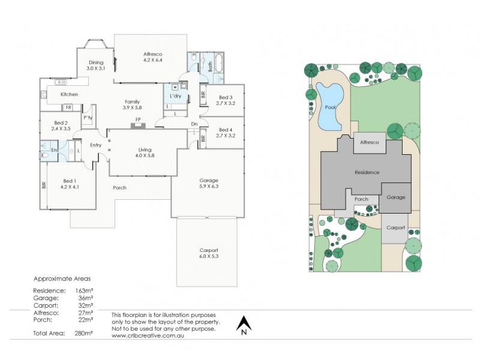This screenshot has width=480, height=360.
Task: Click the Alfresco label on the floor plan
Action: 153,55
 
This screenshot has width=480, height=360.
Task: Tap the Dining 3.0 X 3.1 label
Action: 96,65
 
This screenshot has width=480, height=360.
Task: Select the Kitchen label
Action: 69,94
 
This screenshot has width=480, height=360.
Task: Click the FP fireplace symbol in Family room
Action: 138,125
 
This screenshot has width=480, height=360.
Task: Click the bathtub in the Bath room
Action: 219,64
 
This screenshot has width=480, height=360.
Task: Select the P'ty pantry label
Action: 88,118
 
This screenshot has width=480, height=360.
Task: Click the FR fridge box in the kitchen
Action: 68,107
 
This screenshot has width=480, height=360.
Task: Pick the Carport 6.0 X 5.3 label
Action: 209,253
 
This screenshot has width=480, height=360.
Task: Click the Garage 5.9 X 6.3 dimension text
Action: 209,186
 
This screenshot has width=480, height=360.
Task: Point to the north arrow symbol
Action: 244,323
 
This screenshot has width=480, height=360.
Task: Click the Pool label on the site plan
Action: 330,107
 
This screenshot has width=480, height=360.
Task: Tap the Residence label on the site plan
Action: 367,172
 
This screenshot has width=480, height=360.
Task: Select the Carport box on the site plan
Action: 395,229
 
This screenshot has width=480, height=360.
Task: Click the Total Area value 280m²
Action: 84,333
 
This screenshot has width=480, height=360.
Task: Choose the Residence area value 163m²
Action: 84,290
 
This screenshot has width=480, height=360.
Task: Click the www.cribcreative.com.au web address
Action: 148,335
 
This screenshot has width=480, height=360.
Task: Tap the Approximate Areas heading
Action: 62,279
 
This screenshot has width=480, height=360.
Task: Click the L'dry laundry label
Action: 175,96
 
